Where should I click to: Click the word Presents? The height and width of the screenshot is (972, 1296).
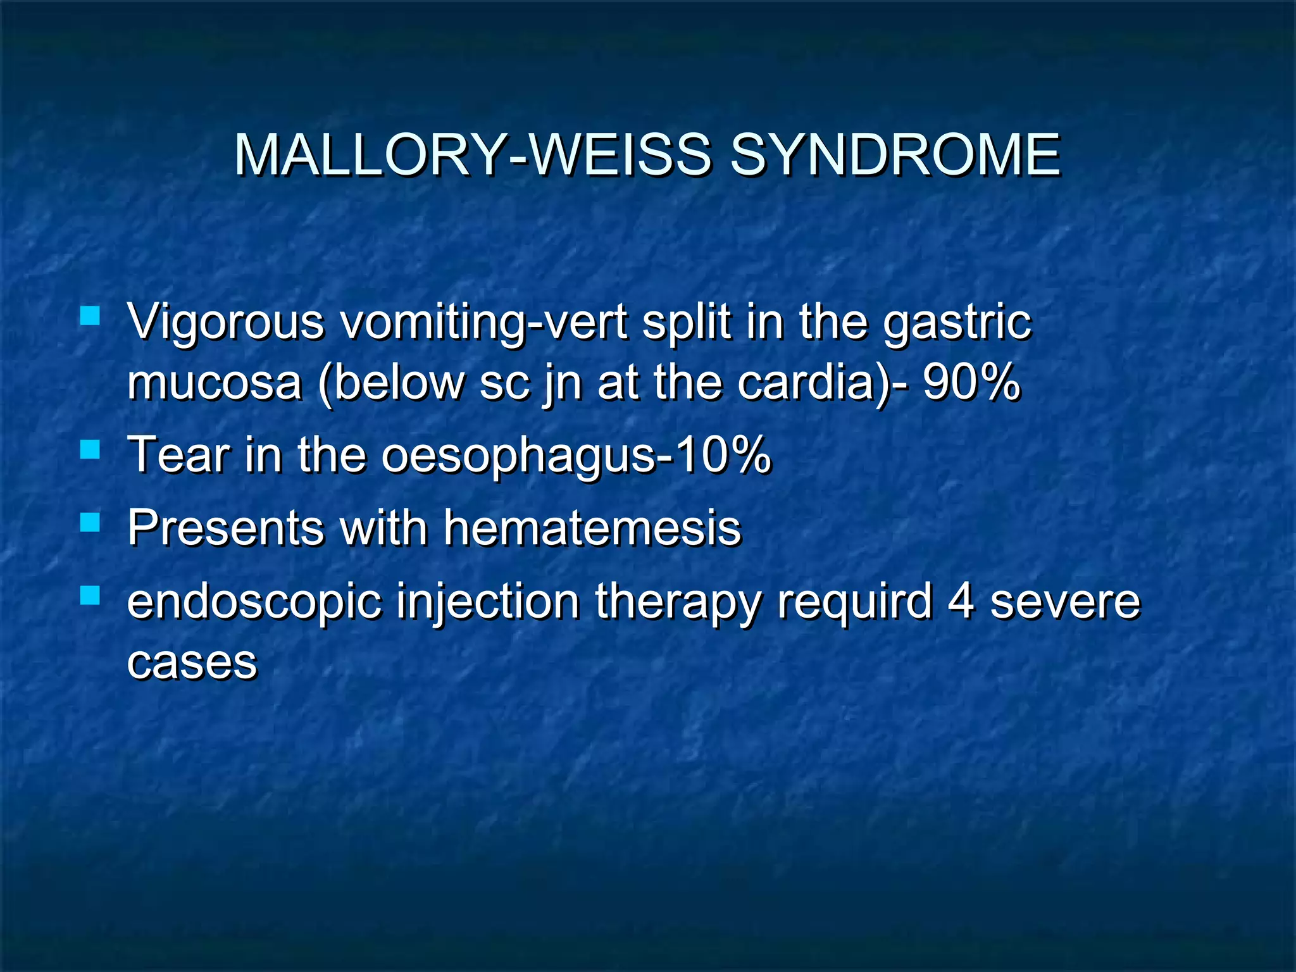224,528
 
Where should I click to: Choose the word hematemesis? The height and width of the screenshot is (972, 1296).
592,528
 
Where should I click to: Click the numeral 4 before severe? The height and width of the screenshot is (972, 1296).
961,601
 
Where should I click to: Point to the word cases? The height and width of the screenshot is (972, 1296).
192,663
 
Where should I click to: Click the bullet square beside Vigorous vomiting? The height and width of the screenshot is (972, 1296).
90,315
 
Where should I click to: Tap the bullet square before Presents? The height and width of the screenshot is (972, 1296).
90,522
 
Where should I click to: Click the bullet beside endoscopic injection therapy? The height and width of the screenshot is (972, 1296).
90,595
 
